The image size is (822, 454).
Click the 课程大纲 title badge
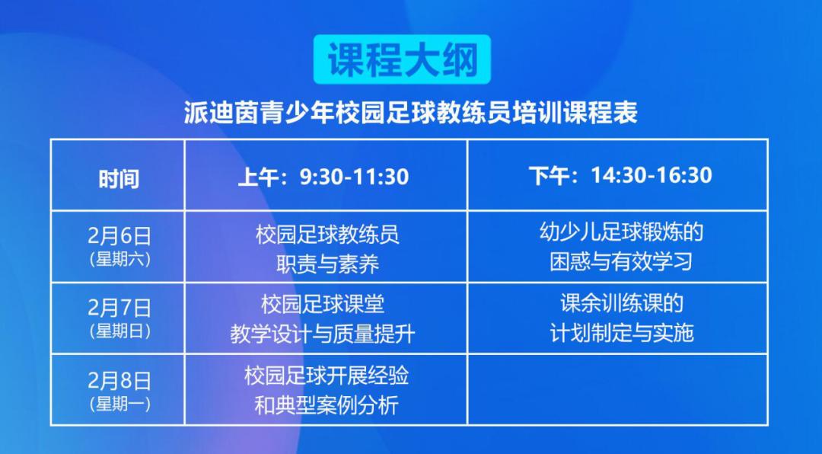click(x=403, y=59)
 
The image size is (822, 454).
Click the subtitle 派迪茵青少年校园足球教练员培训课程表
click(x=410, y=113)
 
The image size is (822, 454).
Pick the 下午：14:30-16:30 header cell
click(x=620, y=175)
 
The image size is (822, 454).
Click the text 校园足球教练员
click(x=327, y=234)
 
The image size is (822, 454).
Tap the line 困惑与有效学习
click(x=621, y=261)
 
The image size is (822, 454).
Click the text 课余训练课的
click(x=621, y=303)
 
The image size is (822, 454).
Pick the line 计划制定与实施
click(x=621, y=333)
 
